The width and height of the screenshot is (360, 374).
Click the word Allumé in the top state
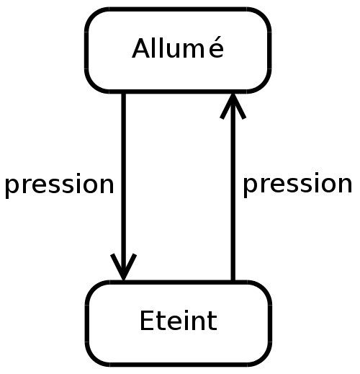tap(178, 48)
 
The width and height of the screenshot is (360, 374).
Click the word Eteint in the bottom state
tap(179, 321)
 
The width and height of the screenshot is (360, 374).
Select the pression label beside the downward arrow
tap(59, 185)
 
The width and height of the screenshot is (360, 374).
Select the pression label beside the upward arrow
tap(297, 184)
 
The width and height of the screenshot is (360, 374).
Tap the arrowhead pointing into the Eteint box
tap(123, 267)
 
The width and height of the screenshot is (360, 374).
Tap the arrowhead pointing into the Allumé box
tap(233, 106)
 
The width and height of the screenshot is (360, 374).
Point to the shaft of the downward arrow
tap(123, 186)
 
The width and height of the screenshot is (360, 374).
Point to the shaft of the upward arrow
tap(233, 187)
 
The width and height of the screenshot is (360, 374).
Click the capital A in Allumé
tap(141, 48)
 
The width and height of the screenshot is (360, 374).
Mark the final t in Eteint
tap(212, 321)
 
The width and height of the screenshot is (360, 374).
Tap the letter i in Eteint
tap(184, 320)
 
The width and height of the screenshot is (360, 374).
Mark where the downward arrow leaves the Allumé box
tap(123, 93)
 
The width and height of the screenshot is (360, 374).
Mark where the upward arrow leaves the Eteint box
tap(233, 280)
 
